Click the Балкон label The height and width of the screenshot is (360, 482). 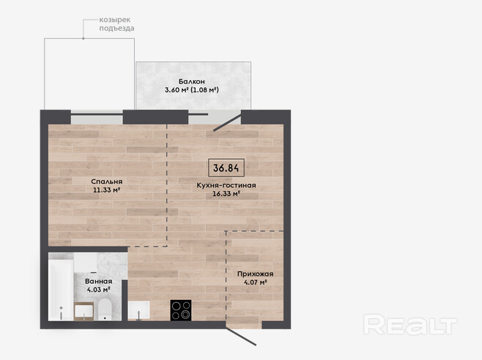click(191, 81)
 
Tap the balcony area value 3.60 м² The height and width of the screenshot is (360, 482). click(177, 90)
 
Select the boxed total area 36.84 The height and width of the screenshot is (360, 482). click(226, 168)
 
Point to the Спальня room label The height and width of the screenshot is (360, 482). click(107, 182)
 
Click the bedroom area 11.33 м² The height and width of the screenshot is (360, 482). click(106, 190)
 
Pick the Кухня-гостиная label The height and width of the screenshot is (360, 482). click(226, 185)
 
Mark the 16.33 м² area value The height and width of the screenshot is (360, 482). click(226, 194)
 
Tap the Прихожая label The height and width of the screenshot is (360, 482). click(255, 273)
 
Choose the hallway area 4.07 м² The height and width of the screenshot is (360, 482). click(255, 282)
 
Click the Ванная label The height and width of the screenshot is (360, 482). click(99, 282)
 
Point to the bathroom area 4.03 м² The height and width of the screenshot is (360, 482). click(99, 290)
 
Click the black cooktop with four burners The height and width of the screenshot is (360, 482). click(181, 310)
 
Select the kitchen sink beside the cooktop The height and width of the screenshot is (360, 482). click(139, 310)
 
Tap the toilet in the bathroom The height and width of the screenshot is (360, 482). click(105, 309)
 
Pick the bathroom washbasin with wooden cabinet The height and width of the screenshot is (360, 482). click(84, 312)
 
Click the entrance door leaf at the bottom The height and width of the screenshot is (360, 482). click(241, 337)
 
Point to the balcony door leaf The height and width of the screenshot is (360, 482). click(228, 122)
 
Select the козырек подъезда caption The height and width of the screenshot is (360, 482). click(116, 24)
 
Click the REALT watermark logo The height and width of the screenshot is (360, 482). click(410, 324)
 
